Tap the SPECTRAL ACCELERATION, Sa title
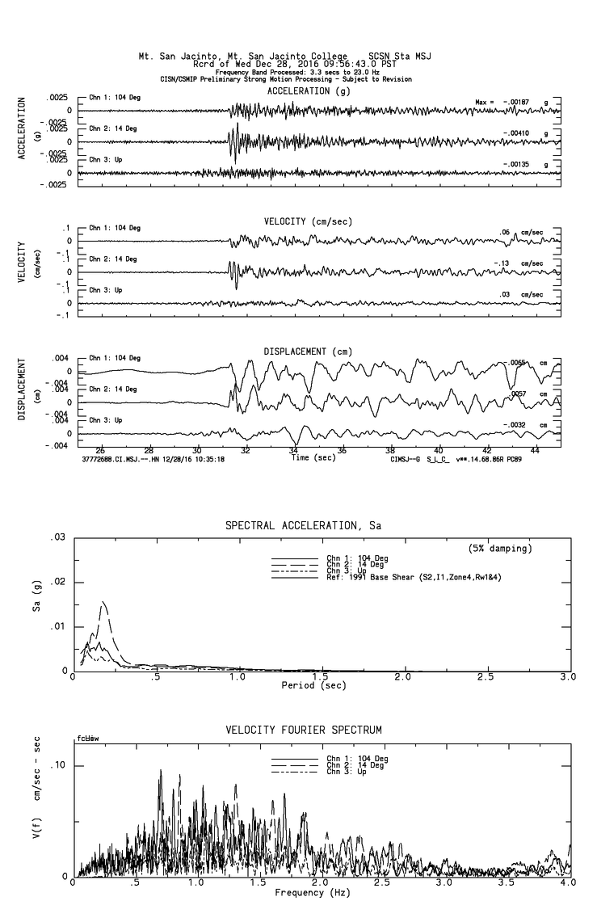point(303,526)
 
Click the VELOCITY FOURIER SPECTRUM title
point(303,730)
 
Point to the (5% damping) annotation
point(500,549)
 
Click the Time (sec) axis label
point(310,457)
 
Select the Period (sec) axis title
point(314,685)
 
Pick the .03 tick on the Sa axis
point(58,537)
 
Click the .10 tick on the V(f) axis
point(58,766)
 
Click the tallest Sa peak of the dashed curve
point(103,602)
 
